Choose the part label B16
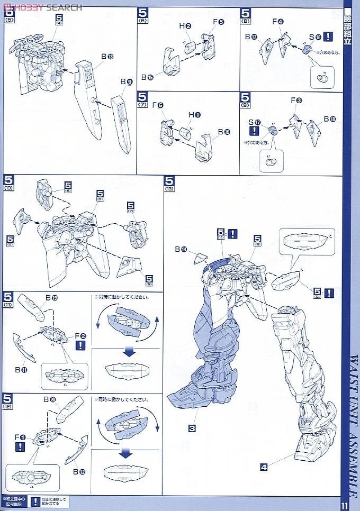tap(224, 132)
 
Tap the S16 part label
tap(315, 37)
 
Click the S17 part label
tap(255, 121)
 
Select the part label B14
tap(184, 249)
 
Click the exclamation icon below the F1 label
tap(20, 446)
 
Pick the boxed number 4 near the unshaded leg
tap(264, 466)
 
